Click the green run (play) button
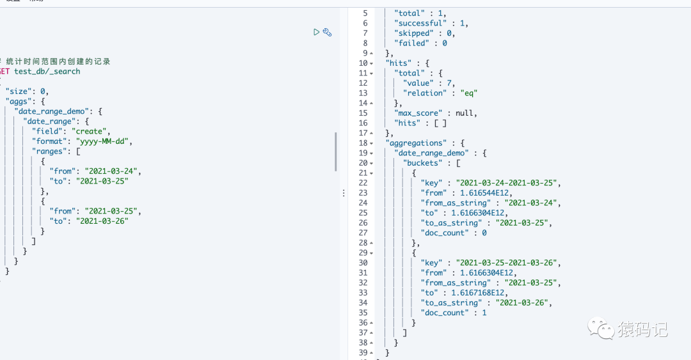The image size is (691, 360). pos(317,32)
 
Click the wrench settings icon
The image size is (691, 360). pos(327,32)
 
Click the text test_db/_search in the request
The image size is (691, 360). pos(47,72)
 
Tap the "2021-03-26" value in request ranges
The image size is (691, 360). pos(102,221)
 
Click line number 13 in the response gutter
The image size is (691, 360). pos(363,93)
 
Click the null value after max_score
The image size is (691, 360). pos(466,113)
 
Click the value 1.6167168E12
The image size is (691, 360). pos(479,293)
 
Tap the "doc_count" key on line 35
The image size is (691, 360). pos(446,313)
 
